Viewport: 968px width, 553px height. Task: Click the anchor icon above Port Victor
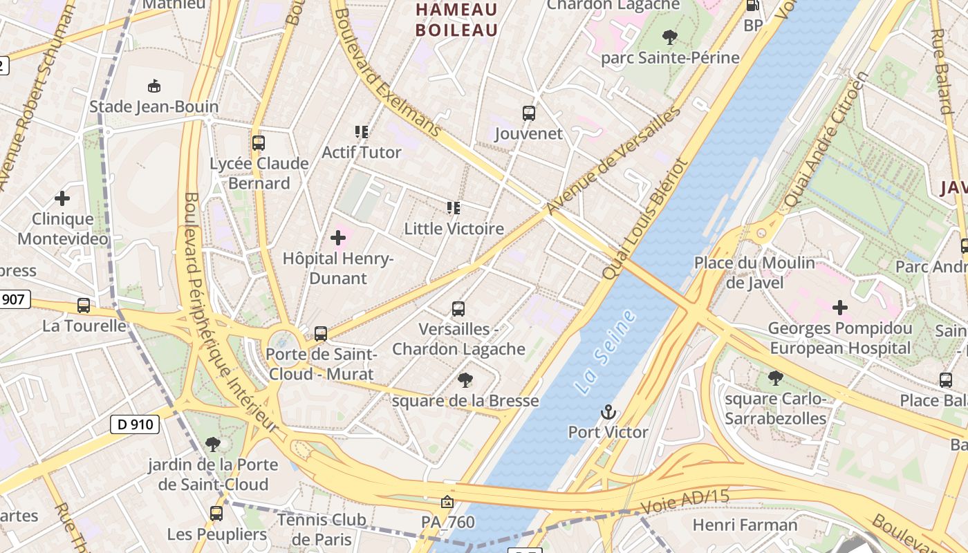pyautogui.click(x=608, y=413)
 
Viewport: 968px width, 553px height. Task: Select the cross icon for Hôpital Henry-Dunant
pyautogui.click(x=338, y=238)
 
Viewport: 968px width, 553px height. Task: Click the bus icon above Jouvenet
pyautogui.click(x=529, y=113)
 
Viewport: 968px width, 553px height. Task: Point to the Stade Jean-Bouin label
pyautogui.click(x=153, y=106)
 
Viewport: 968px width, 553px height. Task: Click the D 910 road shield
pyautogui.click(x=135, y=424)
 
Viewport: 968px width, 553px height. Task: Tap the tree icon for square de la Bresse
pyautogui.click(x=465, y=380)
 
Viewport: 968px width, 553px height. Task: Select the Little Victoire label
pyautogui.click(x=454, y=229)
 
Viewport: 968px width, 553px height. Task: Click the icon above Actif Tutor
pyautogui.click(x=361, y=131)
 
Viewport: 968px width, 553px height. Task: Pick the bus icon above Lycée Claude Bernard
pyautogui.click(x=259, y=143)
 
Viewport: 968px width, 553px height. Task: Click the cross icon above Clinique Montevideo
pyautogui.click(x=62, y=199)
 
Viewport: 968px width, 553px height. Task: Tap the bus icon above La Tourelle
pyautogui.click(x=84, y=306)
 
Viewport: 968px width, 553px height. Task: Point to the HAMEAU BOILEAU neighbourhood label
pyautogui.click(x=456, y=20)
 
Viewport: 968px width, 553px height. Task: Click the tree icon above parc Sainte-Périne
pyautogui.click(x=669, y=37)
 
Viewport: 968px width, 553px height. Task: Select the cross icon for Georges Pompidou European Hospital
pyautogui.click(x=840, y=308)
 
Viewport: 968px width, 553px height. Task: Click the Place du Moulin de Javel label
pyautogui.click(x=754, y=272)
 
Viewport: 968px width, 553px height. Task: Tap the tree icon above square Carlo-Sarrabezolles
pyautogui.click(x=776, y=378)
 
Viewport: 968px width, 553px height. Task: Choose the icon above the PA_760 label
pyautogui.click(x=447, y=501)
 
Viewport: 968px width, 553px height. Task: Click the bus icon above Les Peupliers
pyautogui.click(x=216, y=514)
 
